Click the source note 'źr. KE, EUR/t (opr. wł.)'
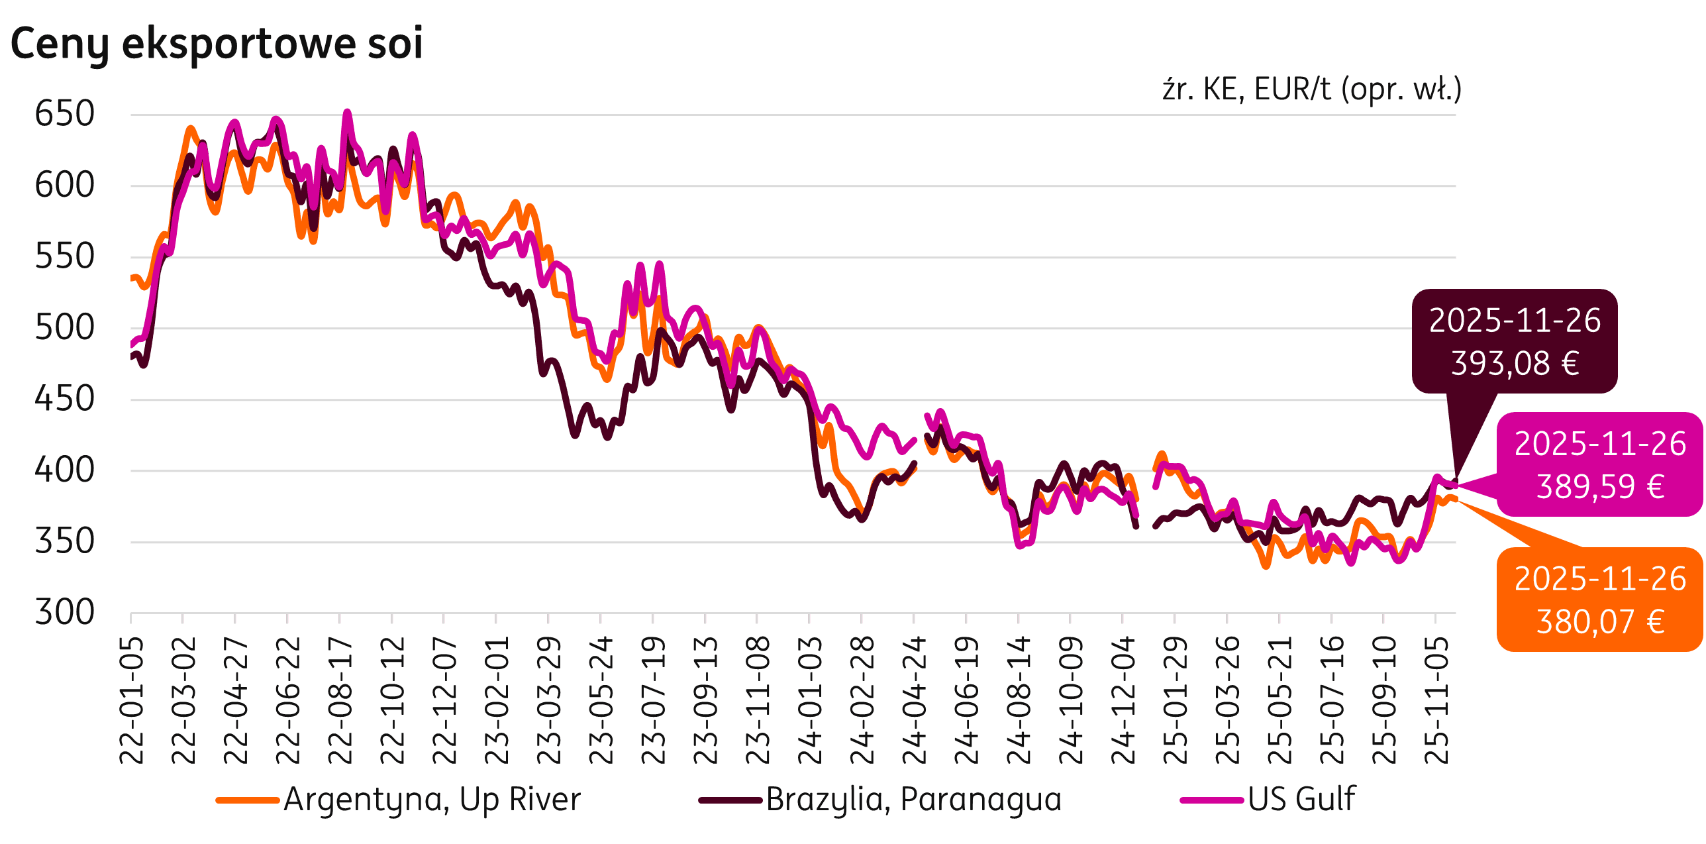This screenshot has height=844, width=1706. [x=1311, y=89]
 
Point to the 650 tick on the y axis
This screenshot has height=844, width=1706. [x=64, y=114]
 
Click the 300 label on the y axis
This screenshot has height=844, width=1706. [x=64, y=613]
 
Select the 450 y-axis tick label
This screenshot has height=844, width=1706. [x=64, y=399]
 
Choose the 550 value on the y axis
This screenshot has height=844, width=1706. [x=64, y=257]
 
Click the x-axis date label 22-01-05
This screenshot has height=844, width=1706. [x=132, y=700]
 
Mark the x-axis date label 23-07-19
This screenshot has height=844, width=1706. [x=654, y=700]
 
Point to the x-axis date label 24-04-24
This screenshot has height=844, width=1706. [x=915, y=700]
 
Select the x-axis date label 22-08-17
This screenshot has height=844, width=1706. [x=340, y=700]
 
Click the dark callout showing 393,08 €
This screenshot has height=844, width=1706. [x=1515, y=341]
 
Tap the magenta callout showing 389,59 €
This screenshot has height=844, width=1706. [x=1600, y=464]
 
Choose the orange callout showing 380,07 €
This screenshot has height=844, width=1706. [x=1600, y=600]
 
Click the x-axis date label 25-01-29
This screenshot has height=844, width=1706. [x=1176, y=700]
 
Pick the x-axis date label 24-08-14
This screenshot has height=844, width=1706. [x=1019, y=700]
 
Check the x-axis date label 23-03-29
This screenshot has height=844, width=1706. [x=549, y=700]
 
